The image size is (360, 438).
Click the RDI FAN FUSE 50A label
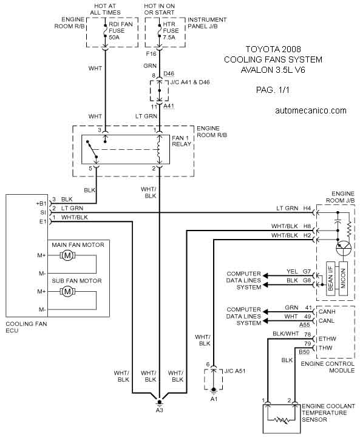(x=121, y=30)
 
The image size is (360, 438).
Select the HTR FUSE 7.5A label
(x=171, y=30)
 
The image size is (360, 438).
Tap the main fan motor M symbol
(x=67, y=255)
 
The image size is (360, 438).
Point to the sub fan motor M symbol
(x=67, y=292)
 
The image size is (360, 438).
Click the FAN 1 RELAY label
(x=182, y=141)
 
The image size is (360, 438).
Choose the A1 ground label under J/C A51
(x=214, y=399)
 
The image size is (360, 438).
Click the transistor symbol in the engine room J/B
(x=344, y=247)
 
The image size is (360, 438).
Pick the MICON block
(x=343, y=278)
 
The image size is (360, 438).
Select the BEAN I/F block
(x=331, y=278)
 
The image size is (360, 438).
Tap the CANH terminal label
(x=327, y=312)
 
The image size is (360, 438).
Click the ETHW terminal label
(x=327, y=339)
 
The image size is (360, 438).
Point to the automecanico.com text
(x=311, y=110)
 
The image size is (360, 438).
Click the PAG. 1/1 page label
(x=273, y=90)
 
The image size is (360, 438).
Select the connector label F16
(x=151, y=53)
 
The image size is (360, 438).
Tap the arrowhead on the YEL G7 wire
(x=265, y=276)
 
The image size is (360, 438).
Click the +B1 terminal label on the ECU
(x=41, y=204)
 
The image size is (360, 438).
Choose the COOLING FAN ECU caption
(x=26, y=327)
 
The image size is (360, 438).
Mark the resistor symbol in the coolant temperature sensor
(x=281, y=420)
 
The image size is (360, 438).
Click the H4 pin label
(x=307, y=208)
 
